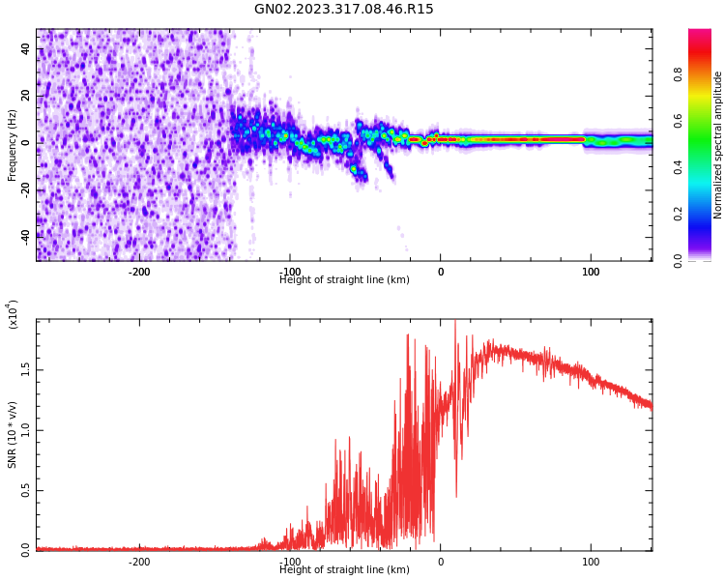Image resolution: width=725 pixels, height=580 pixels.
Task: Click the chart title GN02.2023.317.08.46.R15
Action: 344,10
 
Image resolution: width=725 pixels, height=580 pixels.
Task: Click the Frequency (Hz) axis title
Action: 13,145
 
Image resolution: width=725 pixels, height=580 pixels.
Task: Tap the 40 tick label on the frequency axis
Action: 26,49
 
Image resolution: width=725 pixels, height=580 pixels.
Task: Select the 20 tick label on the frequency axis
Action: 26,96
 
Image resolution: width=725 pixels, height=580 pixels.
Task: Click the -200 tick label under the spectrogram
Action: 139,272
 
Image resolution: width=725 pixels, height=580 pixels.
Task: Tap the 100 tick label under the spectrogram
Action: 591,272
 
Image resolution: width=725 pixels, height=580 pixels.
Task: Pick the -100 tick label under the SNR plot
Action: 290,562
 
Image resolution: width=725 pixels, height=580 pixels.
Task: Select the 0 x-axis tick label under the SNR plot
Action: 441,562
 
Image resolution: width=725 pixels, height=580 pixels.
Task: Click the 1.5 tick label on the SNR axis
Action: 26,369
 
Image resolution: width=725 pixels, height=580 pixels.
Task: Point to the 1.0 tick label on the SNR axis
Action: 26,430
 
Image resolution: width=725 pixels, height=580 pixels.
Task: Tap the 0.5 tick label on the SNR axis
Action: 26,490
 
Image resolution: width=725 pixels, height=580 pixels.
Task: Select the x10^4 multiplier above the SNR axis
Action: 13,314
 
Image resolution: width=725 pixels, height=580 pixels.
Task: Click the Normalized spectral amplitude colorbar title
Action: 718,145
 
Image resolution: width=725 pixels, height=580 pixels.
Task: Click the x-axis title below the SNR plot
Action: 344,570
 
